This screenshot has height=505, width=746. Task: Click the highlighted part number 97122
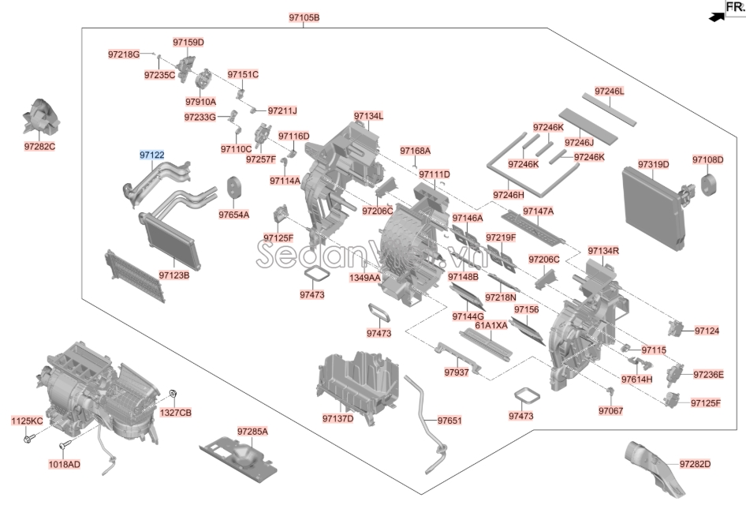152,155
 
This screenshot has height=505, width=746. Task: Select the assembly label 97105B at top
304,17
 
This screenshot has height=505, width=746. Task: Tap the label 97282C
40,147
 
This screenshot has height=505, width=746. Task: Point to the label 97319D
653,164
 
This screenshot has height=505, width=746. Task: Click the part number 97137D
338,418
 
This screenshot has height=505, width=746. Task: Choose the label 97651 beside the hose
449,421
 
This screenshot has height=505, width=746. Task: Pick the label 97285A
252,432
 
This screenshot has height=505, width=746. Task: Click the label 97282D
695,463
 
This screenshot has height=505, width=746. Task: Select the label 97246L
609,92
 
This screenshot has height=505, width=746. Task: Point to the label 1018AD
65,464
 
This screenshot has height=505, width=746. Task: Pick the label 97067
610,410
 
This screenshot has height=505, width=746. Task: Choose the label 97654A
233,215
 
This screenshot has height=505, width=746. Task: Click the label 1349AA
365,278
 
